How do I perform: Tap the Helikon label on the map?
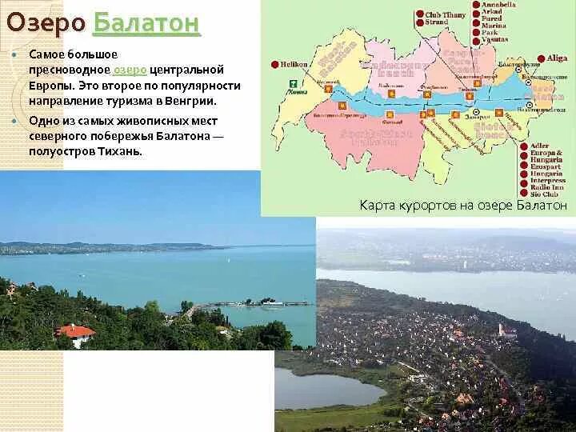295,64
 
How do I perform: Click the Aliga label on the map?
558,58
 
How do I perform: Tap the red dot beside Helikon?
274,64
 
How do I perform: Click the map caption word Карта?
375,206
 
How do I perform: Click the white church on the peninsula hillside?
502,330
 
